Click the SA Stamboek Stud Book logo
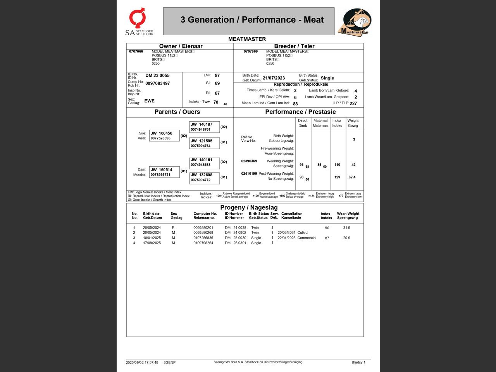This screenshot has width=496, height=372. [x=139, y=22]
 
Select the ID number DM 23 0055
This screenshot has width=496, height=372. [x=157, y=76]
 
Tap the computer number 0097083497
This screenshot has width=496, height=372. [x=157, y=83]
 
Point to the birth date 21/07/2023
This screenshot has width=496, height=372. [x=274, y=78]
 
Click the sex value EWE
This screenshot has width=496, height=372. [x=149, y=101]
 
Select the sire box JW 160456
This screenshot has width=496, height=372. [x=164, y=136]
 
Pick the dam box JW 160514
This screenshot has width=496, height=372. [x=164, y=172]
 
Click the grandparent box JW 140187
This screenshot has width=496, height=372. [x=204, y=127]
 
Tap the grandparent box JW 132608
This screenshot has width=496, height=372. [x=204, y=177]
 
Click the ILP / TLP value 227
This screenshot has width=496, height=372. [x=353, y=103]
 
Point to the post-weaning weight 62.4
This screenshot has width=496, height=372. [x=352, y=177]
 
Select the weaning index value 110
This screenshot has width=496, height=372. [x=337, y=165]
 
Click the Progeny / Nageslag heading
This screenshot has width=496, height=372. [x=249, y=207]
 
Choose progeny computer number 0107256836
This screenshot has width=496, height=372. [x=203, y=238]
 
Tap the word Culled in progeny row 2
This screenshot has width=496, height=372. [x=302, y=232]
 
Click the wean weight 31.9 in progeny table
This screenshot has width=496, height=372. [x=346, y=228]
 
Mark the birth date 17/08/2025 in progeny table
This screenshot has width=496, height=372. [x=152, y=243]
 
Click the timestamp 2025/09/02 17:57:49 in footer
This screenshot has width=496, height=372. [x=142, y=363]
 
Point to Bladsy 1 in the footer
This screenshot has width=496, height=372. [x=358, y=363]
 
